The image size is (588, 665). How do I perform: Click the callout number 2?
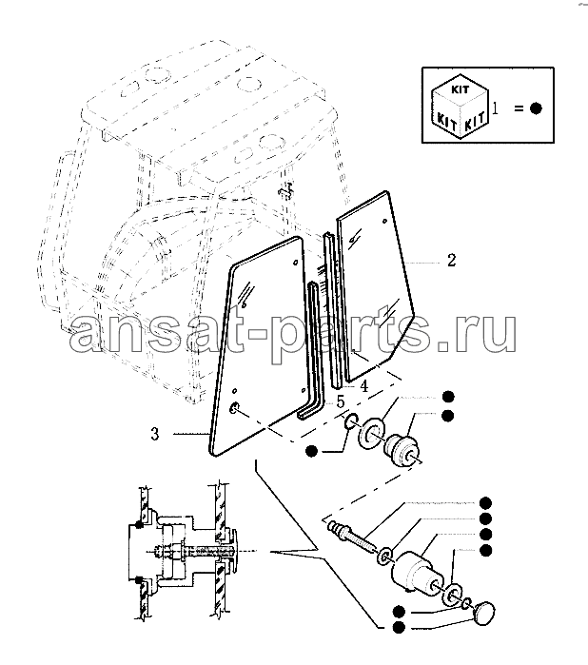pos(451,261)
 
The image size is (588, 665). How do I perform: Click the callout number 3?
pos(155,434)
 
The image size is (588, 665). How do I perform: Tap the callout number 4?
pos(363,386)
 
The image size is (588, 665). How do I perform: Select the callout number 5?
pos(341,402)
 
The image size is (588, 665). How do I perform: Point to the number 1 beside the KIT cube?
pos(495,108)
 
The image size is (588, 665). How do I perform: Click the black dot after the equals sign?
pos(536,108)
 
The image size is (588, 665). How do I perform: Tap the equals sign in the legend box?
pos(519,108)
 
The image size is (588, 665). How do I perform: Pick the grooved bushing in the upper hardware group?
pos(402,450)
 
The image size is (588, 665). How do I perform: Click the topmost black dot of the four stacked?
pos(485,503)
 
